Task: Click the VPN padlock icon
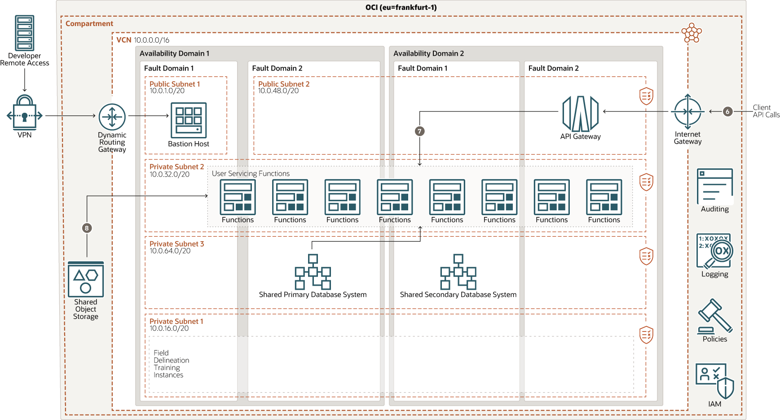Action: (25, 113)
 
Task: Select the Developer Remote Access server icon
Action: (25, 33)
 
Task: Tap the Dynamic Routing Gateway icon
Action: (112, 117)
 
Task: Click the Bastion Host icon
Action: (189, 120)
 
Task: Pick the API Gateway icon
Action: (580, 114)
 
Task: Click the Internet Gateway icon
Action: (687, 111)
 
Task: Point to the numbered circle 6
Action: (727, 111)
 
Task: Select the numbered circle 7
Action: (419, 131)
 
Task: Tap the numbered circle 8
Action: (87, 228)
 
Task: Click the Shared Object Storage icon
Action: (86, 279)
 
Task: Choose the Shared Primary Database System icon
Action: (313, 272)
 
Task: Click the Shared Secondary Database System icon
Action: (458, 272)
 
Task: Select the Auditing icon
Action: (714, 186)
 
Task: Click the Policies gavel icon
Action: (714, 316)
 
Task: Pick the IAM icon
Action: (714, 381)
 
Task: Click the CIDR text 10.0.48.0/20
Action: (278, 91)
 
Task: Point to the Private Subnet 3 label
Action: (176, 244)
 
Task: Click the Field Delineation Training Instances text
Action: (171, 364)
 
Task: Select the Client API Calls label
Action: (766, 111)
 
